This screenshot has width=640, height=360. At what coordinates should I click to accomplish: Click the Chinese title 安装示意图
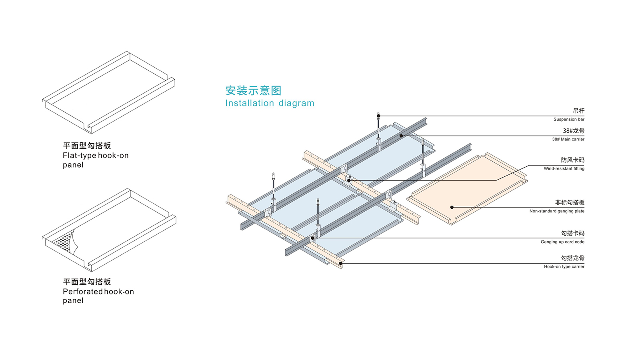tap(253, 91)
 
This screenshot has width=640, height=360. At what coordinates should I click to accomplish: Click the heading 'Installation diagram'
tap(270, 103)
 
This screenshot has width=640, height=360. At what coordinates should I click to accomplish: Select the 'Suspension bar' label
tap(568, 119)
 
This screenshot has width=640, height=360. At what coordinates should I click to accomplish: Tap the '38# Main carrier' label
tap(568, 139)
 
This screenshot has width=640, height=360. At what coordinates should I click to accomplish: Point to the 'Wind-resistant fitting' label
tap(564, 168)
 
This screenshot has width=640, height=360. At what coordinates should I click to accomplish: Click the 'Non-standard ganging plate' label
tap(556, 211)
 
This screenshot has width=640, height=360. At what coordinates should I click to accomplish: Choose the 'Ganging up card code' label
tap(562, 242)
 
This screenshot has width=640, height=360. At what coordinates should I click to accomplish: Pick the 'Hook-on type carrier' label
tap(564, 266)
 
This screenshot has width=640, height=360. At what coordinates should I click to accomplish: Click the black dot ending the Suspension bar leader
tap(379, 116)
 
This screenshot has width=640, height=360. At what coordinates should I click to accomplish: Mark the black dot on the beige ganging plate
tap(452, 207)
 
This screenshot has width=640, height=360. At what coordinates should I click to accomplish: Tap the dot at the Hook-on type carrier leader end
tap(341, 263)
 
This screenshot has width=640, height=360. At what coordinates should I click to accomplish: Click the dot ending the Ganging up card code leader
tap(313, 238)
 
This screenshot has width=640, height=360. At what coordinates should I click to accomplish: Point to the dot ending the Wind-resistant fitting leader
tap(349, 180)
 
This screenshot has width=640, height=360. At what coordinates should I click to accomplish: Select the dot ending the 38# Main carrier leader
tap(401, 136)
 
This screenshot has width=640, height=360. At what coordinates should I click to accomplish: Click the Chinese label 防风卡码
tap(572, 160)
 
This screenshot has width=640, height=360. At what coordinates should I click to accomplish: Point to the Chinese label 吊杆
tap(578, 111)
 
